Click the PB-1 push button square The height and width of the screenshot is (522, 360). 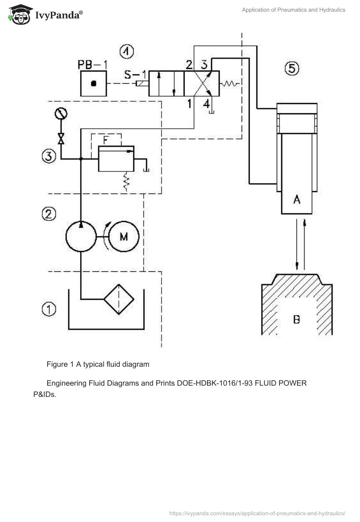(94, 83)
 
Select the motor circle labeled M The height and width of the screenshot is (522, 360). (124, 236)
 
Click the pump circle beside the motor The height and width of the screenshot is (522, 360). (81, 236)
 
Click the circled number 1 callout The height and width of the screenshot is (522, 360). (49, 309)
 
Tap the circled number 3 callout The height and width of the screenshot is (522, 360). (49, 156)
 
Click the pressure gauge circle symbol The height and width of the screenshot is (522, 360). (61, 114)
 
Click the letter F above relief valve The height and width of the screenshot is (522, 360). (105, 140)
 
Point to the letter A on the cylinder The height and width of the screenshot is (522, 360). (297, 200)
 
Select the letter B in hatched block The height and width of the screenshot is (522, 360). (297, 319)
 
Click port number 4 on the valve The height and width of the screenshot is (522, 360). (206, 103)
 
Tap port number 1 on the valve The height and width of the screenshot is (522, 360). (189, 103)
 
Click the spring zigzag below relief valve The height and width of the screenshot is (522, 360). (127, 182)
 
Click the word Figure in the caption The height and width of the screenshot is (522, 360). (57, 363)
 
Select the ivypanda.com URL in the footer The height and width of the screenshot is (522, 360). (257, 513)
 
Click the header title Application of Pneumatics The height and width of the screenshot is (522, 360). (293, 10)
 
